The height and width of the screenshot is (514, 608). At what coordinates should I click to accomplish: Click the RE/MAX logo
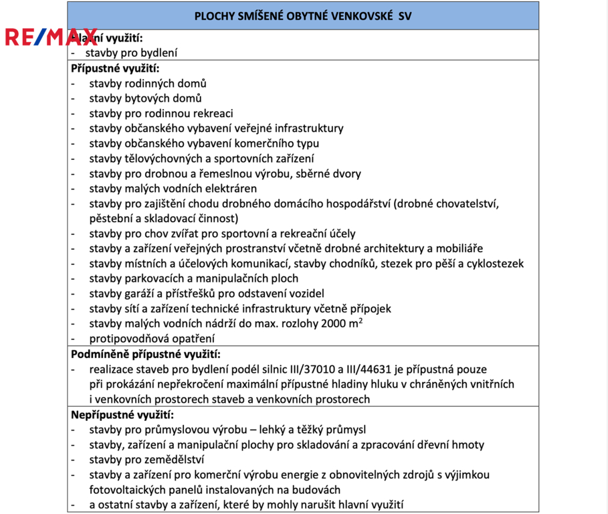tap(51, 37)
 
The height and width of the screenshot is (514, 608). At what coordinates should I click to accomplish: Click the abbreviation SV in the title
tap(405, 16)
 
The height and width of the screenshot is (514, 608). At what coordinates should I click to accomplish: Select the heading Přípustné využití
tap(116, 68)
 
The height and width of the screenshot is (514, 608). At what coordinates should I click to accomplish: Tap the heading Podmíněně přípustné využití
tap(146, 354)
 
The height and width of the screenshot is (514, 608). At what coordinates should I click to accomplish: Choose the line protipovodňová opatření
tap(152, 339)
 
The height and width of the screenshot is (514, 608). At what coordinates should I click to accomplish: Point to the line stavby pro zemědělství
tap(146, 459)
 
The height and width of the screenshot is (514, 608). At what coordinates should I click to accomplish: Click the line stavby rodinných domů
tap(147, 84)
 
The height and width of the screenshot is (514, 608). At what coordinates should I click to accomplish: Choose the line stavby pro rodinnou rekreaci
tap(161, 114)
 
